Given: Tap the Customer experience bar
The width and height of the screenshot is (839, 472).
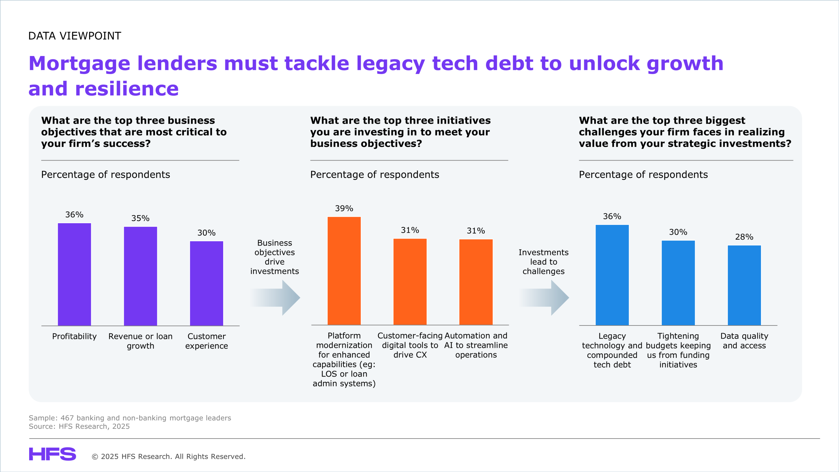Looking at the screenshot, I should tap(206, 283).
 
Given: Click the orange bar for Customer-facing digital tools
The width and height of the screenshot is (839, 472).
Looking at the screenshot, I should tap(410, 282).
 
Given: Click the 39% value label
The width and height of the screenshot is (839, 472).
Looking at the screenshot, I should tap(344, 208).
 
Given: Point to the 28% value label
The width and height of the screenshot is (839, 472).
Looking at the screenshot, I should tap(744, 237).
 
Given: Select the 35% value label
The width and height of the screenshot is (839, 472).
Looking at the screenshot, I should tap(140, 218).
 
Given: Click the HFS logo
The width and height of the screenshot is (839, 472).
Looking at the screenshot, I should tap(52, 454).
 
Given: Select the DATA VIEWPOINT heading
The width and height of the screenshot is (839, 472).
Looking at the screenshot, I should tap(75, 36).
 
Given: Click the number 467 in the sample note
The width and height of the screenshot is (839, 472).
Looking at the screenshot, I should tap(67, 418).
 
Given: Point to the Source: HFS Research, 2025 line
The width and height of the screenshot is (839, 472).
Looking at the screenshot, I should tap(79, 426).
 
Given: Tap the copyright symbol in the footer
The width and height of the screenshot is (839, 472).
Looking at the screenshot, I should tap(95, 457).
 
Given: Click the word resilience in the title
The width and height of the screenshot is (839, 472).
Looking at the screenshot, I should tap(127, 89).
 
